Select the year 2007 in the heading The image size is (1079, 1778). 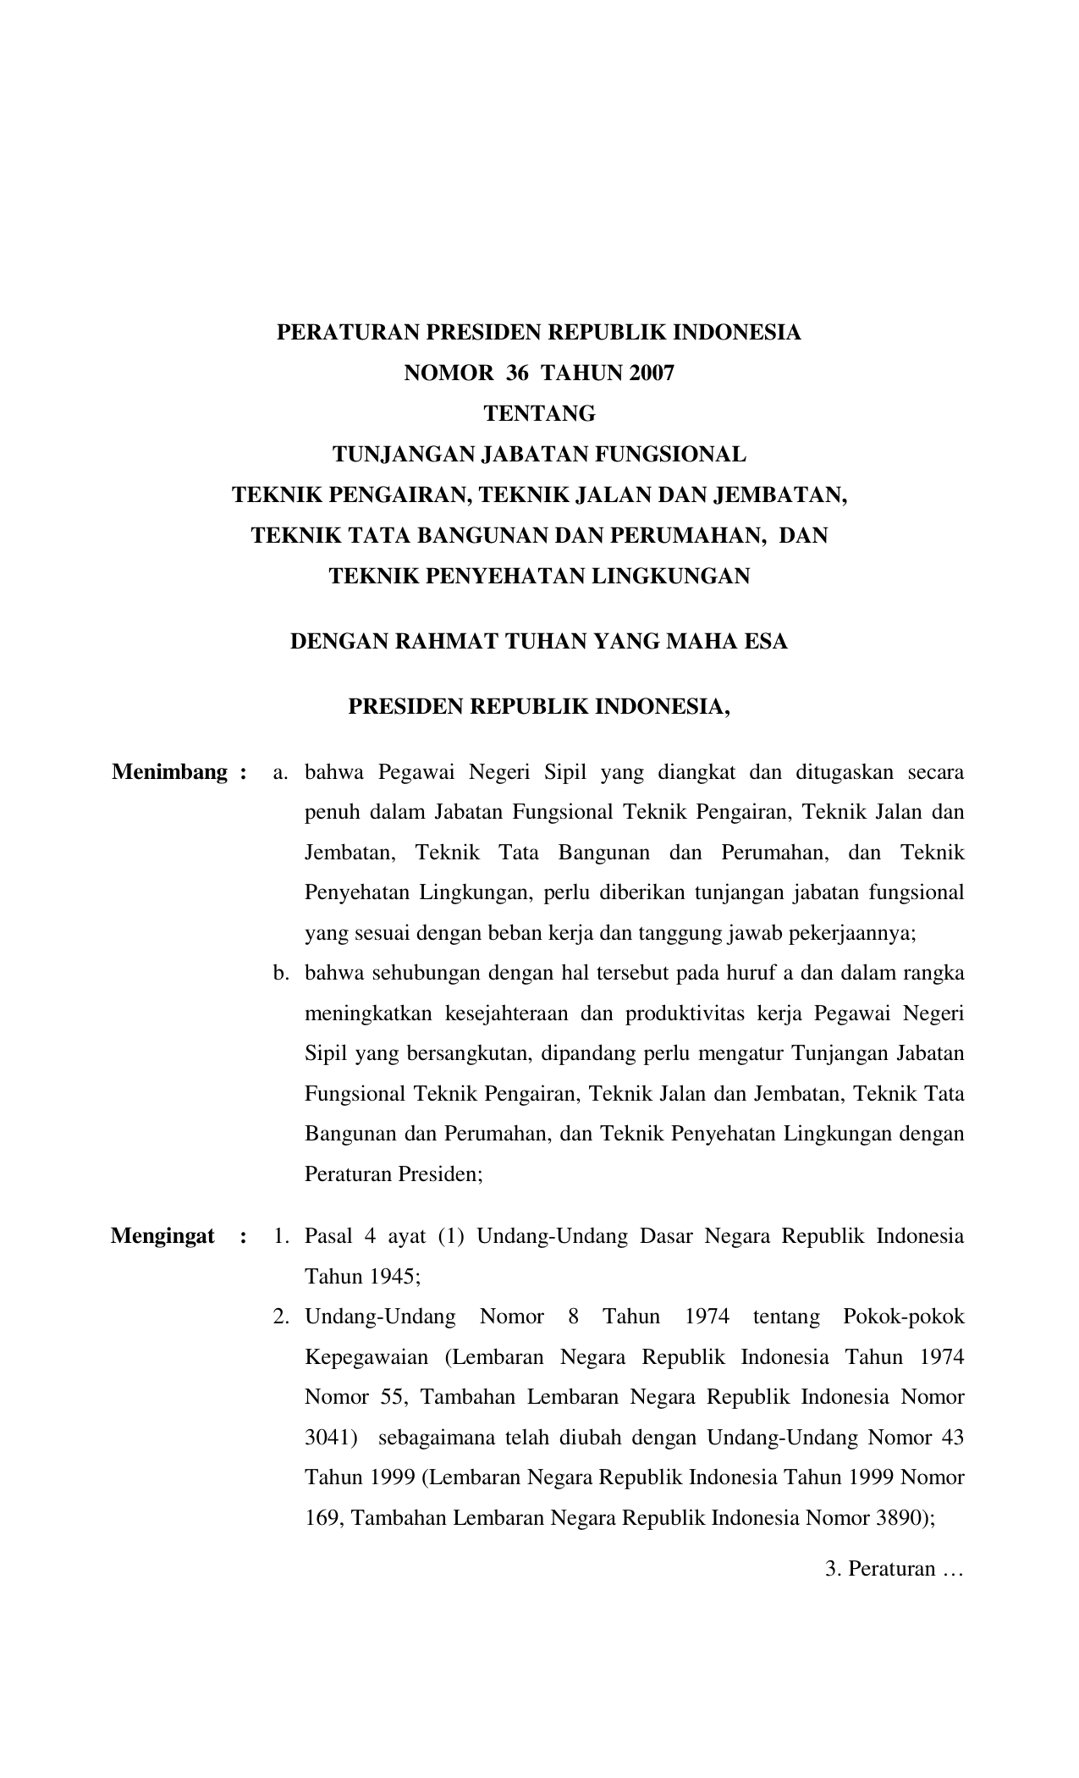(x=652, y=373)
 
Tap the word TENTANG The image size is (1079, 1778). (x=539, y=414)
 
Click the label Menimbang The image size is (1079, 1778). (x=169, y=772)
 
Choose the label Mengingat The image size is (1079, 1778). (x=162, y=1236)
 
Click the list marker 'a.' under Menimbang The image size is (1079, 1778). (x=281, y=772)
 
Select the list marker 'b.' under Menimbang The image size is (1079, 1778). (x=281, y=973)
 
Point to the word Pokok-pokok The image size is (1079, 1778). (x=904, y=1317)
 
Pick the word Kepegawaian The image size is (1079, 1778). (x=366, y=1358)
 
